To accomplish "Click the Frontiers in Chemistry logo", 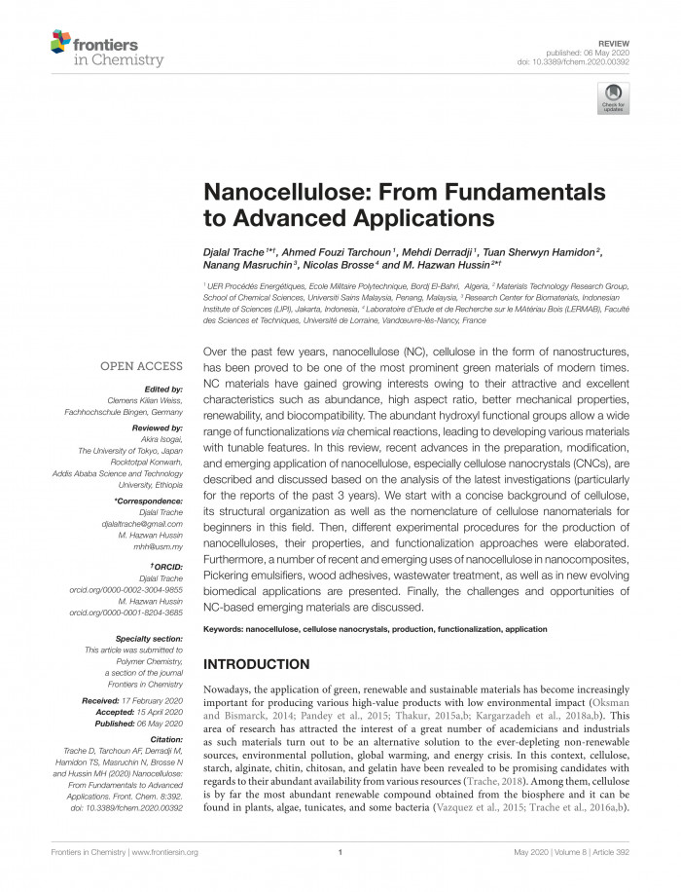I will [93, 46].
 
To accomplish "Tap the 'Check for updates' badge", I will [614, 97].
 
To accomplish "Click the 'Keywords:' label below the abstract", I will [223, 629].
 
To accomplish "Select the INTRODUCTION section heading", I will [256, 664].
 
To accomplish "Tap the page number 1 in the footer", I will [340, 852].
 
